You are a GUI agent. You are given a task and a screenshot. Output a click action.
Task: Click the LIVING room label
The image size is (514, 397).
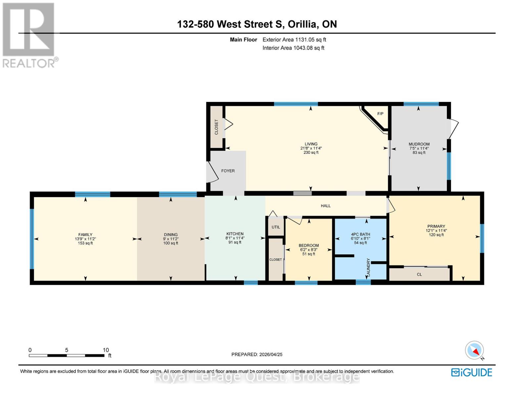pos(311,144)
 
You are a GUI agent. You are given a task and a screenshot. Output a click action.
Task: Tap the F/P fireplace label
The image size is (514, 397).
pos(380,114)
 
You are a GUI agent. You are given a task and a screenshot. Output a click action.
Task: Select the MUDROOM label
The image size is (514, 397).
pos(419,144)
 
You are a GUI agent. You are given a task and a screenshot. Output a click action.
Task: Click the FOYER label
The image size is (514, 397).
pos(228,171)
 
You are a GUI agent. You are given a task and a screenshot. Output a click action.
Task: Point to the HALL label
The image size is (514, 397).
pos(325,206)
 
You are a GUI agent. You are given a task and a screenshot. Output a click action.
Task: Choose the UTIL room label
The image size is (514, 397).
pos(276,227)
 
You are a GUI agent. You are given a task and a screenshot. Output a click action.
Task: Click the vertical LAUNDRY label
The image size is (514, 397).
pos(368,267)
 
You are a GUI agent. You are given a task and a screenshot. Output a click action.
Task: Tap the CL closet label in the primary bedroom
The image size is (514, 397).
pos(419,274)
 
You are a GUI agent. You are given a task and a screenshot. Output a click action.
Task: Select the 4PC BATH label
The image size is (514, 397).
pos(360,234)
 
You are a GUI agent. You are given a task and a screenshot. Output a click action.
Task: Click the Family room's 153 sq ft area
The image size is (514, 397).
pos(85,243)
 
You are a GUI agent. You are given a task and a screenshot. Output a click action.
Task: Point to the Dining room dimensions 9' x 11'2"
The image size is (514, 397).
pos(171,239)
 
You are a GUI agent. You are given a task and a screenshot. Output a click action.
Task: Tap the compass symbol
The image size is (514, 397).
pos(475,350)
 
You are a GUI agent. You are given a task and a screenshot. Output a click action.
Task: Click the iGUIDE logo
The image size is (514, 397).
pos(472,372)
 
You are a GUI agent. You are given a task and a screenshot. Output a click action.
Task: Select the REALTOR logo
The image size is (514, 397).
pos(29,35)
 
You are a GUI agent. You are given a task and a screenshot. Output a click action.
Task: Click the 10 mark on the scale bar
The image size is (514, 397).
pos(106,350)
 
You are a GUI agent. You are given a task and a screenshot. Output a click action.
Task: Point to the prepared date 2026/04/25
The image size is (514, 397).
pos(270,354)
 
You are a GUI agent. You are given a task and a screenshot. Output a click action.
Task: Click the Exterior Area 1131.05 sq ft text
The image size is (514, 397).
pos(294,40)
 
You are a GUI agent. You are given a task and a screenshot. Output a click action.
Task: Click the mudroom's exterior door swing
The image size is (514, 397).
pos(453,129)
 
